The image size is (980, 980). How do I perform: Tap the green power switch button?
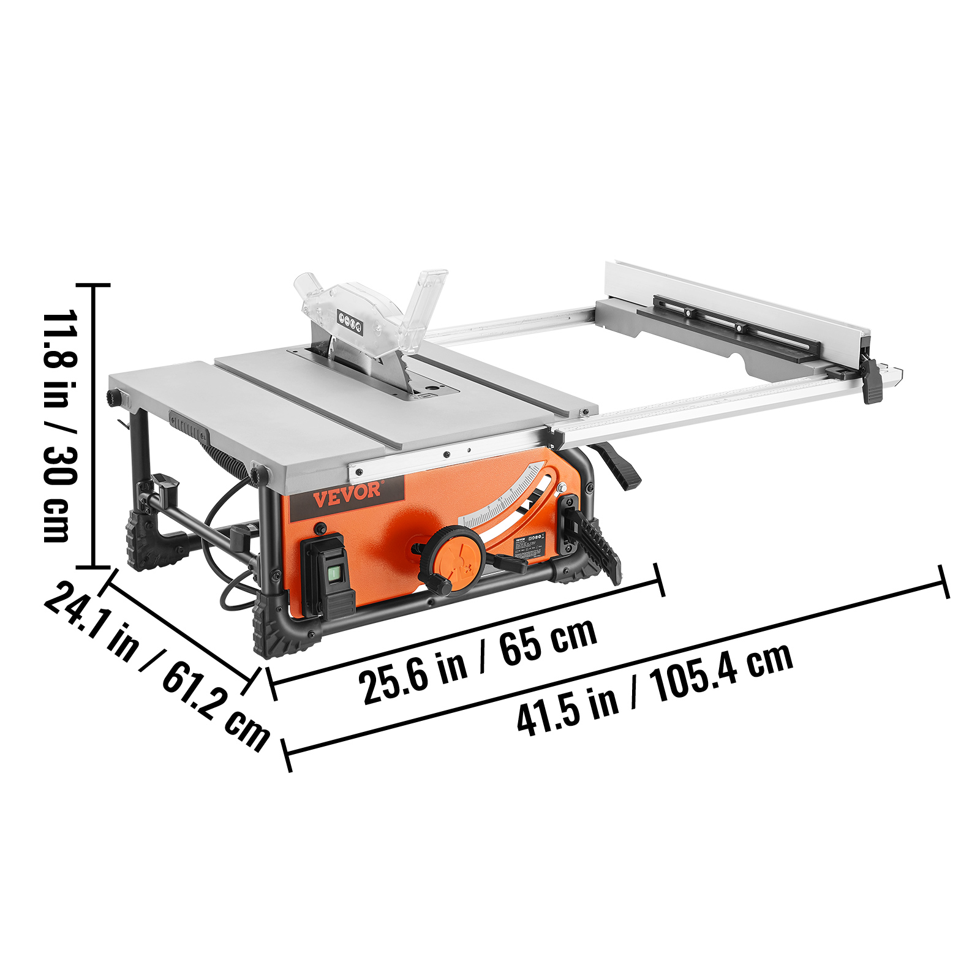334,573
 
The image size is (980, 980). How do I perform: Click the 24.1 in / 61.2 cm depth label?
157,665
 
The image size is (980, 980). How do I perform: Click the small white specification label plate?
530,545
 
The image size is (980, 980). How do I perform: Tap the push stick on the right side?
592,539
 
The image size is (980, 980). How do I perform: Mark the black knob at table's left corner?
114,397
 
